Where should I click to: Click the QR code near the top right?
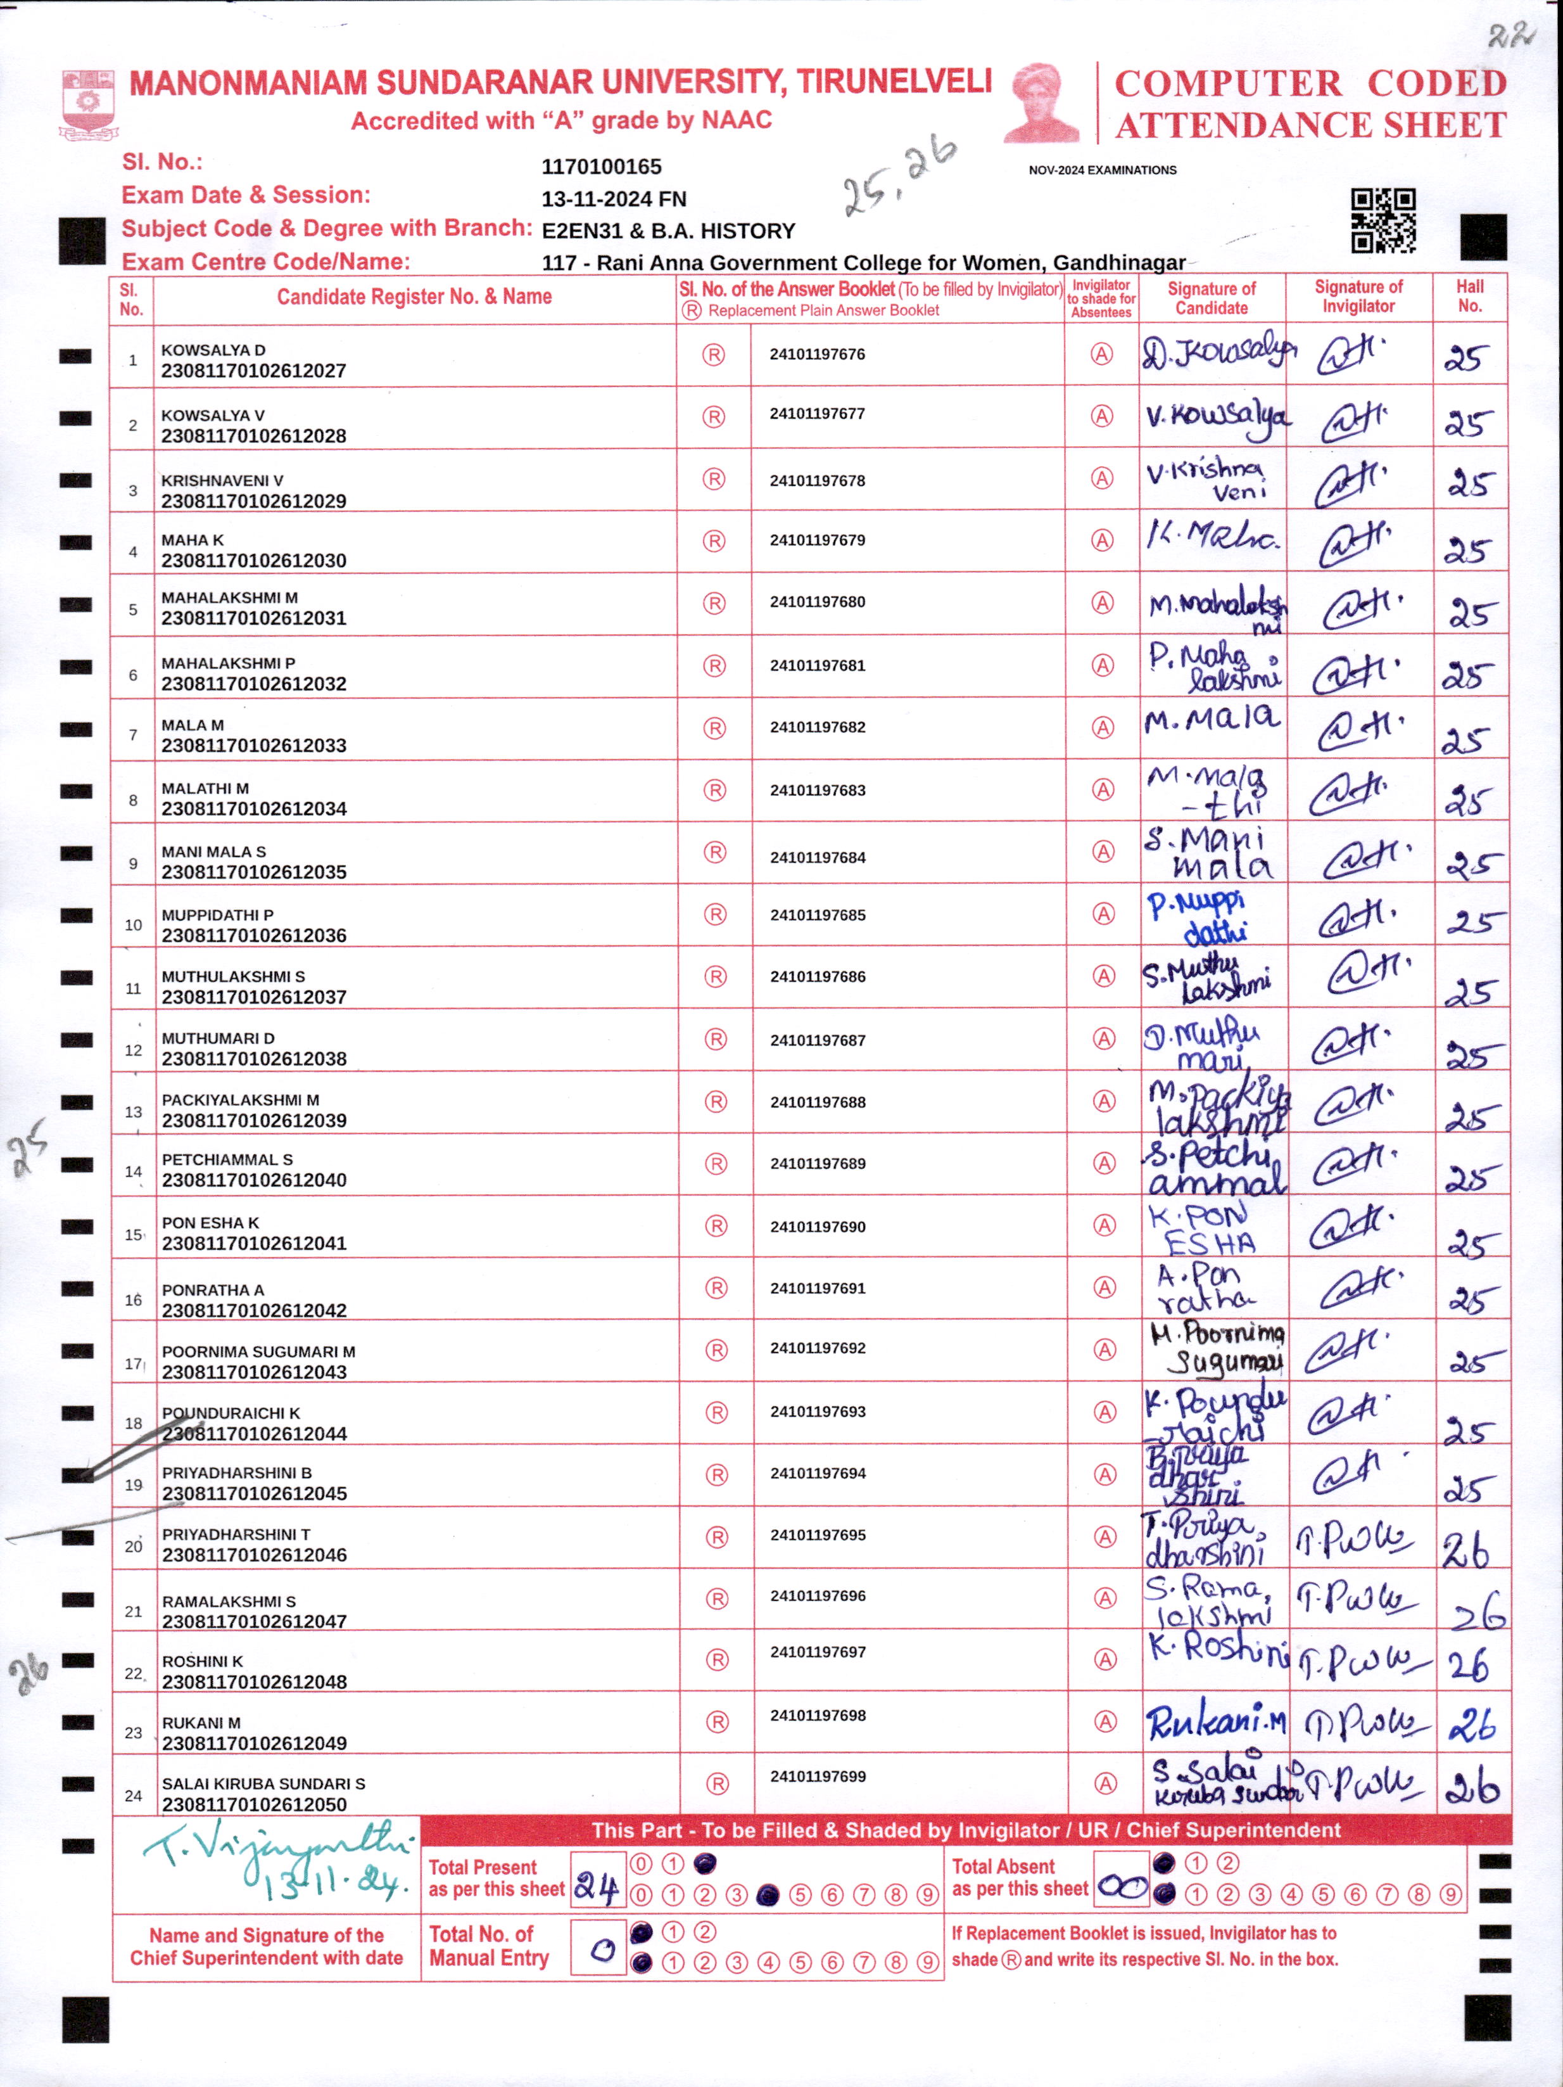pyautogui.click(x=1383, y=220)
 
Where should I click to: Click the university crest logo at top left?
pyautogui.click(x=88, y=104)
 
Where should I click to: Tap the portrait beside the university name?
pyautogui.click(x=1044, y=102)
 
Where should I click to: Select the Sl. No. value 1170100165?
pyautogui.click(x=601, y=167)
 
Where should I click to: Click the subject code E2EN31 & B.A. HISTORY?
pyautogui.click(x=668, y=231)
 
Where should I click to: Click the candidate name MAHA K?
pyautogui.click(x=193, y=540)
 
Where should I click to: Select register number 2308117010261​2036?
pyautogui.click(x=254, y=935)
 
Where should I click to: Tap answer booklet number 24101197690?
pyautogui.click(x=817, y=1227)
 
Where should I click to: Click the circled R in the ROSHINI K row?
pyautogui.click(x=717, y=1659)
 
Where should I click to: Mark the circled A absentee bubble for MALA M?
pyautogui.click(x=1102, y=727)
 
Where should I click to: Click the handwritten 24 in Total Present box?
pyautogui.click(x=596, y=1888)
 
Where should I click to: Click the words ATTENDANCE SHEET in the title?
pyautogui.click(x=1310, y=125)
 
